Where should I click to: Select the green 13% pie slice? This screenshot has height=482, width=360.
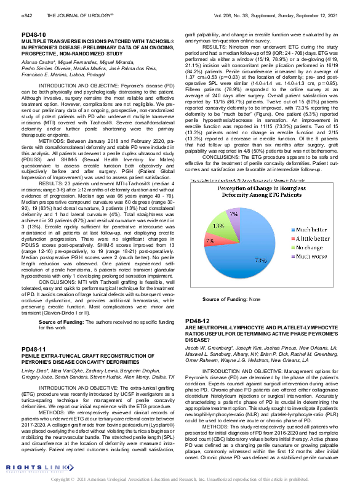click(220, 227)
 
